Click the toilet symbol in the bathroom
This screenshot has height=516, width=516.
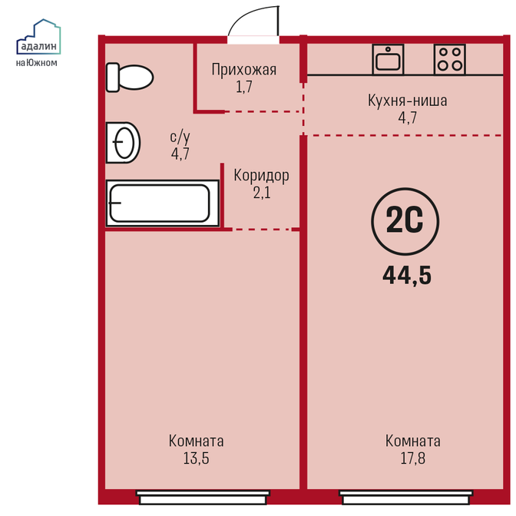(x=130, y=78)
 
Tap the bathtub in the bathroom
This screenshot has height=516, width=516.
(x=163, y=203)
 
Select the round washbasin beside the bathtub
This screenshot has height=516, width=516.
(x=123, y=143)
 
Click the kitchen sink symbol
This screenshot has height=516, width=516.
(x=388, y=59)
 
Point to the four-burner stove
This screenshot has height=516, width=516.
(x=449, y=59)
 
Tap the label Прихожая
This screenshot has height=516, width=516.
(x=244, y=69)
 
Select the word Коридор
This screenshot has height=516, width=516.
(x=261, y=175)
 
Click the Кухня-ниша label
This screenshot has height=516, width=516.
(x=408, y=101)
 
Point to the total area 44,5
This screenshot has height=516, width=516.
(x=407, y=275)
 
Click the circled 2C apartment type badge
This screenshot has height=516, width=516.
(x=405, y=221)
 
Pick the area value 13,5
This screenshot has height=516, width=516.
(x=196, y=458)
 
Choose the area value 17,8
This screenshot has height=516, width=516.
(x=412, y=458)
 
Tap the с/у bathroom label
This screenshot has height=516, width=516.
(x=180, y=137)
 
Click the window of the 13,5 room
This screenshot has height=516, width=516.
(x=203, y=498)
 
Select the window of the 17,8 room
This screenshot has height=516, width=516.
(x=406, y=498)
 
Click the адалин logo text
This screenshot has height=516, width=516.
(x=39, y=46)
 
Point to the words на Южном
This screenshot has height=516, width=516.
(x=37, y=62)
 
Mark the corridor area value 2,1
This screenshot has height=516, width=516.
(x=262, y=193)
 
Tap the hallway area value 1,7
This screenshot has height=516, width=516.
(x=244, y=87)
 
